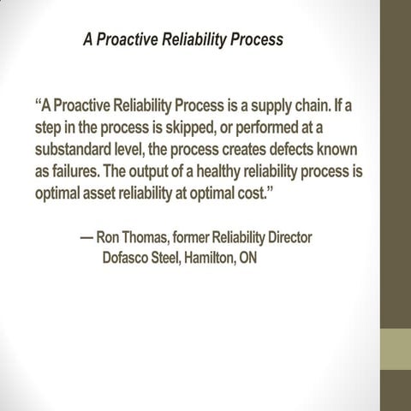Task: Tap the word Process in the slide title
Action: pos(254,39)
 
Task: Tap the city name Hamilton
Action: pos(205,257)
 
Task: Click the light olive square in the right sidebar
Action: pos(396,347)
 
